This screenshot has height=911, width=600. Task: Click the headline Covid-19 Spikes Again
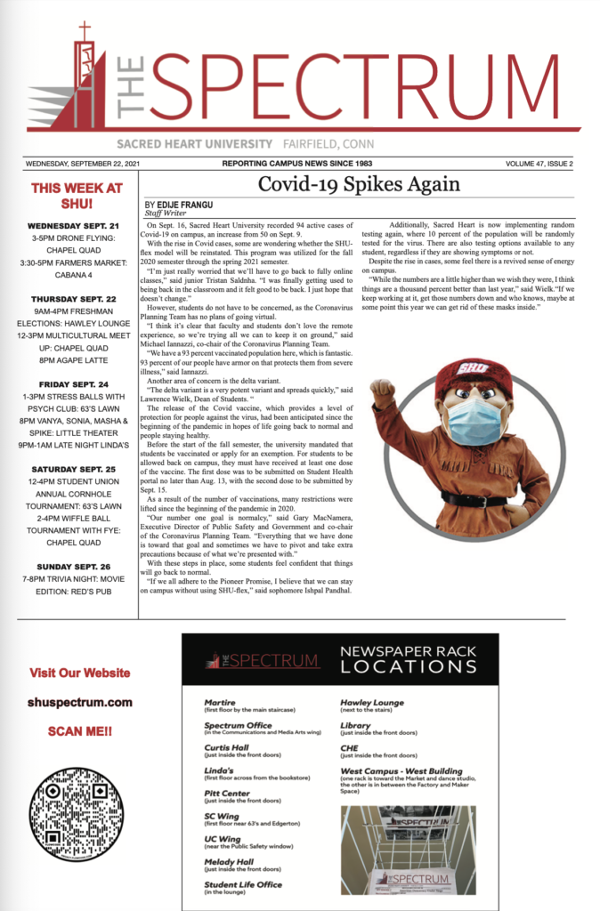point(359,184)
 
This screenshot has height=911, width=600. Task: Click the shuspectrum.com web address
point(80,702)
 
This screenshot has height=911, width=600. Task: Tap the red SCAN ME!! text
point(80,731)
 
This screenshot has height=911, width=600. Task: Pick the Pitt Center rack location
point(226,792)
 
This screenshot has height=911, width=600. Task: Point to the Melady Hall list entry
point(229,861)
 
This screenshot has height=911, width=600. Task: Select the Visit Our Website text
point(80,673)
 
